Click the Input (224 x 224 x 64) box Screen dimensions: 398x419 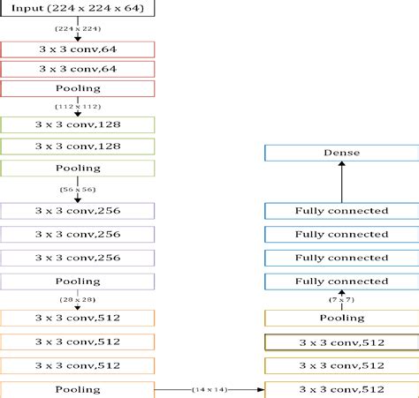click(x=78, y=10)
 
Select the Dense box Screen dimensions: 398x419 click(x=340, y=153)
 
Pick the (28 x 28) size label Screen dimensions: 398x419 click(x=78, y=300)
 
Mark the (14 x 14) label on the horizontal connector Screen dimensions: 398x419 click(x=210, y=389)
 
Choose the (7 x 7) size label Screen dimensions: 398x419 click(x=340, y=300)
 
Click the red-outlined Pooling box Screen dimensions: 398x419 click(x=78, y=88)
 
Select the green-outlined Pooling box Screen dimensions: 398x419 click(x=78, y=167)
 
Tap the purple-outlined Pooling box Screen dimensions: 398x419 click(x=78, y=282)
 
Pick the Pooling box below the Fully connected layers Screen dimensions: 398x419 click(x=340, y=318)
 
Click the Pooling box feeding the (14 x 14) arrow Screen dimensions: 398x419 click(x=78, y=388)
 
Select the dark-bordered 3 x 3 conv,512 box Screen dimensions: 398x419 click(x=340, y=342)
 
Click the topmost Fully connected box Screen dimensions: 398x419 click(x=340, y=210)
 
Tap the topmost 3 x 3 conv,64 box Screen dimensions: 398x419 click(x=78, y=49)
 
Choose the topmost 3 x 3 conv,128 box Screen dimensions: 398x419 click(x=78, y=124)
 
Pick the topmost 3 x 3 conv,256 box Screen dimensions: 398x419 click(x=78, y=210)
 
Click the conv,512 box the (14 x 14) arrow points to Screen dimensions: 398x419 click(x=340, y=388)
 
